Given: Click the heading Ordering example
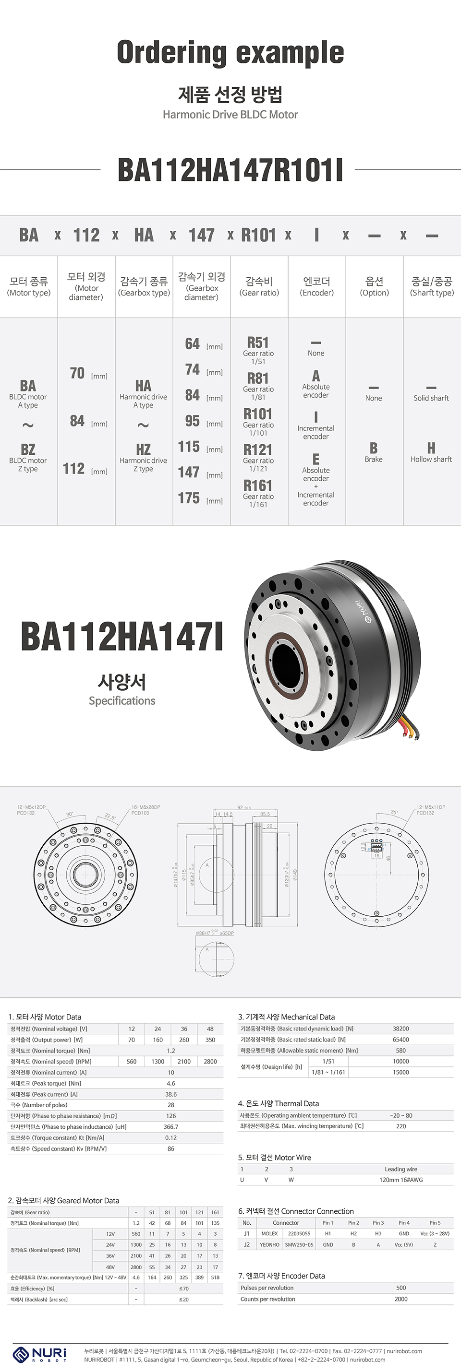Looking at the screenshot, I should click(230, 53).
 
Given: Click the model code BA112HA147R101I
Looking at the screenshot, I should click(230, 170).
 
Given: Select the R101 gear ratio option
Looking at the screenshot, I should click(258, 421).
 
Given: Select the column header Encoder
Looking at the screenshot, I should click(316, 286).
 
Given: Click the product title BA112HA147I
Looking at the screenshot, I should click(122, 637).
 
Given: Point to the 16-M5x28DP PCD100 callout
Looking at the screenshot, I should click(145, 810).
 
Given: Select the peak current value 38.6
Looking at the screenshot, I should click(170, 1094).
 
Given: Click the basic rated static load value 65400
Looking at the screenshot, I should click(401, 1039).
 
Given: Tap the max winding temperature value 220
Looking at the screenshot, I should click(401, 1126).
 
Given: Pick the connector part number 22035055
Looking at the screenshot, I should click(299, 1233).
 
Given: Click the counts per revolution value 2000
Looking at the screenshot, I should click(401, 1299).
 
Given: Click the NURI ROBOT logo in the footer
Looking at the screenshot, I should click(40, 1353).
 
